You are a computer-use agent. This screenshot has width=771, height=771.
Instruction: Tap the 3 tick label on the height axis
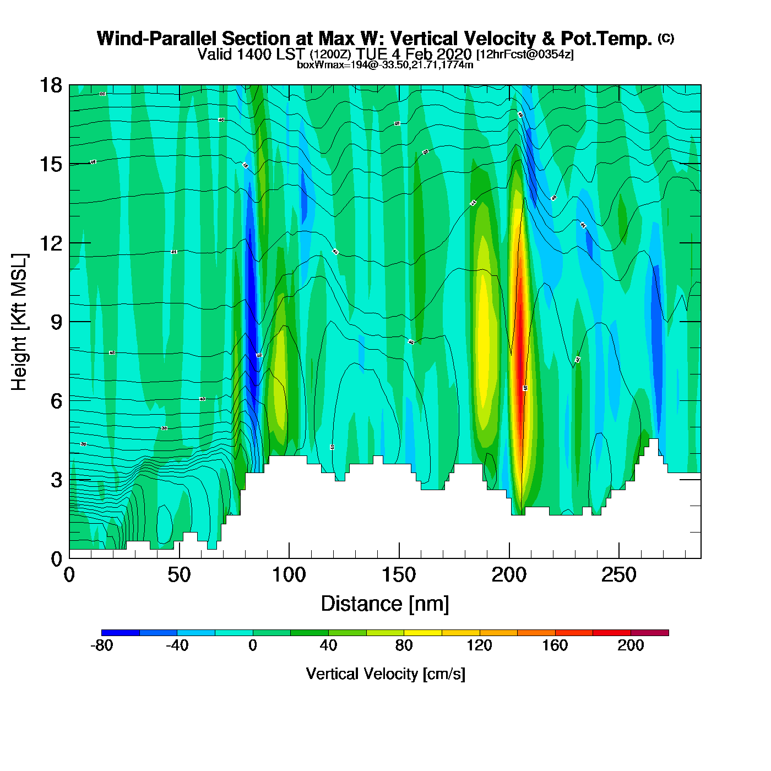click(x=56, y=480)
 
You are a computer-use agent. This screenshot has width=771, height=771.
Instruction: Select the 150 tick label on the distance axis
click(x=399, y=575)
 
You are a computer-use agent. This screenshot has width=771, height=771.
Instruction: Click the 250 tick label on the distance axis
click(x=618, y=575)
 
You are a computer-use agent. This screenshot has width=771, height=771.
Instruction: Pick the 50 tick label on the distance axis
click(x=179, y=575)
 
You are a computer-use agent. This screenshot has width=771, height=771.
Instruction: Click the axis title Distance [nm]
click(x=385, y=604)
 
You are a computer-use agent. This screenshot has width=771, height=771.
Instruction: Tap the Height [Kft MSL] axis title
click(x=19, y=322)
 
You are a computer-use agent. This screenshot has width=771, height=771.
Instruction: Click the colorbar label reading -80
click(x=101, y=645)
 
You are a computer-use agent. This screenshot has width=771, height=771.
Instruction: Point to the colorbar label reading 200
click(x=631, y=645)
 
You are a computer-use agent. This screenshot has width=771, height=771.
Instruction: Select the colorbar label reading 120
click(x=479, y=645)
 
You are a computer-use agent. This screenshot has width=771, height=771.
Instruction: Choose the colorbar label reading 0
click(x=253, y=645)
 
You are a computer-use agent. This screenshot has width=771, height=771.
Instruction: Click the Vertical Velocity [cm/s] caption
click(x=385, y=674)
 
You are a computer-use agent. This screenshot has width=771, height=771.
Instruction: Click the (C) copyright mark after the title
click(x=666, y=38)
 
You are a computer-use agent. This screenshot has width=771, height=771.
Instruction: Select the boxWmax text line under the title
click(x=385, y=65)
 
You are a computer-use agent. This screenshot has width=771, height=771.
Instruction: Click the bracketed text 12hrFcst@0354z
click(x=525, y=55)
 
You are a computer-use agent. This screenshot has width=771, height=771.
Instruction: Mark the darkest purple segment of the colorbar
click(x=649, y=633)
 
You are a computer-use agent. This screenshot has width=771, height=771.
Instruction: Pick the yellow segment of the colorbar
click(x=422, y=633)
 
